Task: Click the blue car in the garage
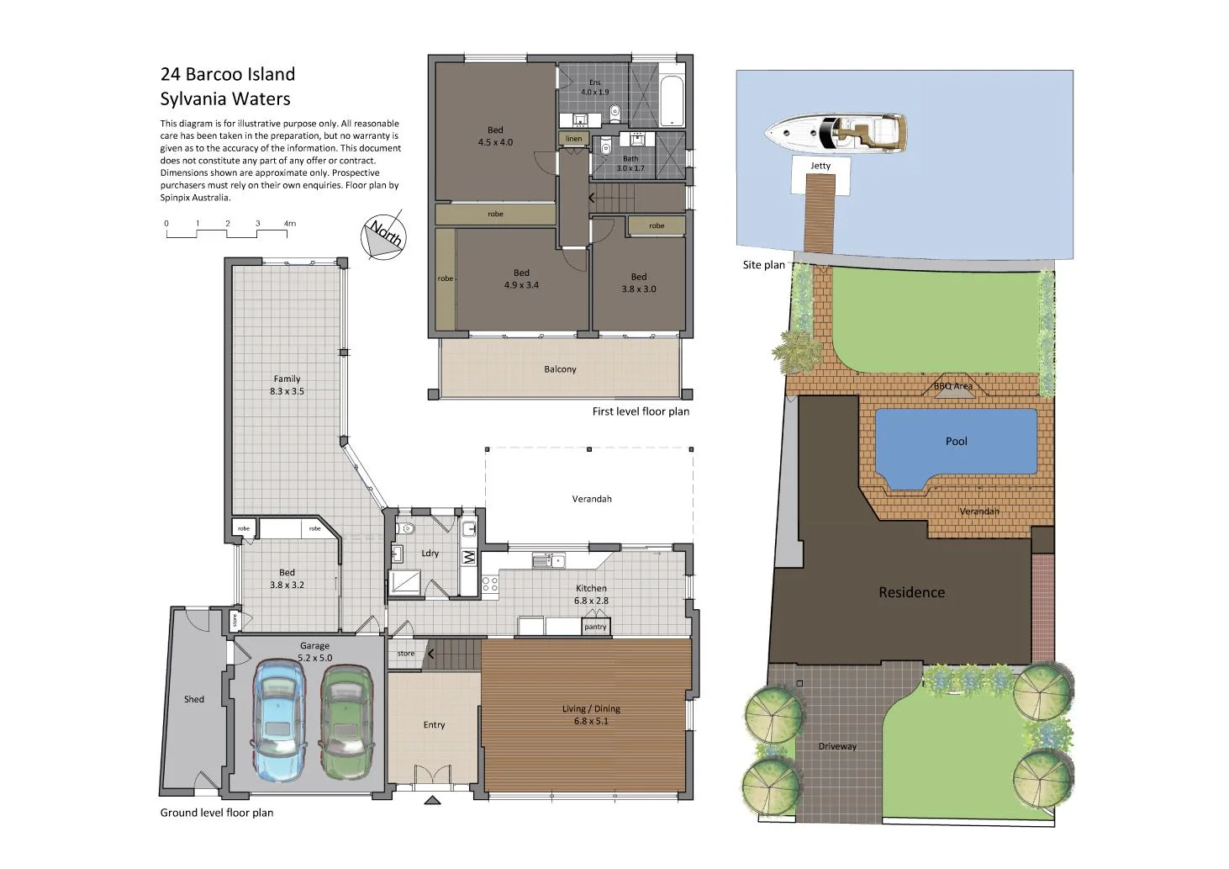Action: click(x=278, y=720)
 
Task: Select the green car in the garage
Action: click(x=345, y=722)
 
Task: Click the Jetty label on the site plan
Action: click(x=820, y=167)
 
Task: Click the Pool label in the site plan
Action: click(x=956, y=442)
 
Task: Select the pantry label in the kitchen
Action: click(x=595, y=627)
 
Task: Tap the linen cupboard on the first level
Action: click(x=573, y=139)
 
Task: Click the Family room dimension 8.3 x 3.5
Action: click(x=287, y=392)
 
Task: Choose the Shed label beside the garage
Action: click(x=194, y=699)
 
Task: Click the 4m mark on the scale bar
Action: click(x=289, y=224)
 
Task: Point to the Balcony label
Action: click(x=560, y=369)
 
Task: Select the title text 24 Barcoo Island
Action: click(x=228, y=74)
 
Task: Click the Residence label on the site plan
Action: click(x=911, y=592)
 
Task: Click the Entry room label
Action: click(x=434, y=725)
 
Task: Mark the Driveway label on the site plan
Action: click(x=837, y=747)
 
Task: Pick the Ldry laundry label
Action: click(x=430, y=554)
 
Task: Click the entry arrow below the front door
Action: click(x=433, y=800)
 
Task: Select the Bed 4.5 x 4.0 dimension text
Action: click(x=495, y=143)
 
